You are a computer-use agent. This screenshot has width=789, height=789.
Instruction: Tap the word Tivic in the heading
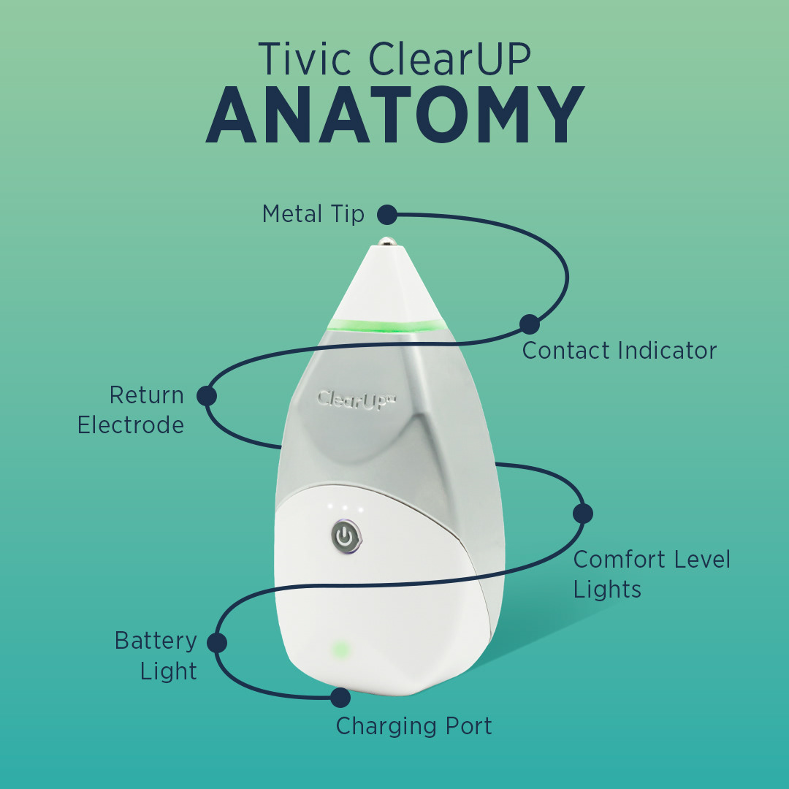coord(305,59)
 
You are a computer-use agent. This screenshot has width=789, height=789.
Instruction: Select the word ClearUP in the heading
coord(449,59)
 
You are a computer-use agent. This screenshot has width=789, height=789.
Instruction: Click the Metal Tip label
coord(313,214)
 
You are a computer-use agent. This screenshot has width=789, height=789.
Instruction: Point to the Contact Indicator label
coord(619,351)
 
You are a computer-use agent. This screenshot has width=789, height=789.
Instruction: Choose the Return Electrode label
coord(131,410)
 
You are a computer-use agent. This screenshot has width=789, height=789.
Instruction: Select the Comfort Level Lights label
coord(651,574)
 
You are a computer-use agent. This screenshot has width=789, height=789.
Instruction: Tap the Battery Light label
coord(156,656)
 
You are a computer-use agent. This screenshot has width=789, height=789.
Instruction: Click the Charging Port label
coord(413,726)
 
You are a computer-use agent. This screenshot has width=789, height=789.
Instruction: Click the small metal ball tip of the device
coord(385,239)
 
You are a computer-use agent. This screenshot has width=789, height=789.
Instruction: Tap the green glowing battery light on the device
coord(339,649)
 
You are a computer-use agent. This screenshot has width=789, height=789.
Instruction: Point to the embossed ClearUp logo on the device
coord(357,401)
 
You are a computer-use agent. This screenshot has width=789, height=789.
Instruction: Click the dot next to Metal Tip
coord(386,215)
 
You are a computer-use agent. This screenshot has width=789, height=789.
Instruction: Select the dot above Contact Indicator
coord(530,324)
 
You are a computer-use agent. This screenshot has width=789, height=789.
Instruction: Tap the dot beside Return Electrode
coord(207,396)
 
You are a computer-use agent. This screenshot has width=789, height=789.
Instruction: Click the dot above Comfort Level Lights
coord(582,514)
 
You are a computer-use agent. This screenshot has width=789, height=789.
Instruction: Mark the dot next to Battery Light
coord(217,643)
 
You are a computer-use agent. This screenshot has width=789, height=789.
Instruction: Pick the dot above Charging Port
coord(340,698)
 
